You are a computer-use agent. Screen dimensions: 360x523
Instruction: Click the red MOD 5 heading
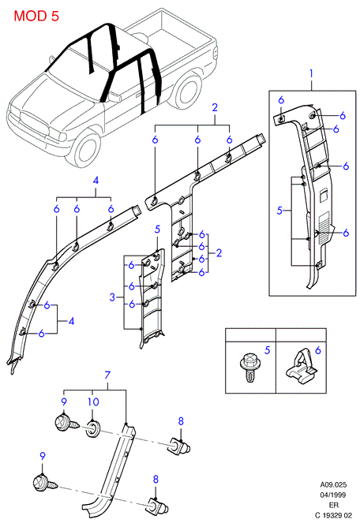pos(36,16)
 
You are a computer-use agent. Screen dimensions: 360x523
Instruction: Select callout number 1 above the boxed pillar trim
pos(311,73)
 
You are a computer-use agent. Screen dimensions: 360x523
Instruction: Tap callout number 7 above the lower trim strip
pos(107,375)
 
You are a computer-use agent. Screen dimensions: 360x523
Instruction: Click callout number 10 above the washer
pos(93,402)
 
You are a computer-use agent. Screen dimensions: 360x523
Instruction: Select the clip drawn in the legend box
pos(300,365)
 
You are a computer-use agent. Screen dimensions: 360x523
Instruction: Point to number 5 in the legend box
pos(267,350)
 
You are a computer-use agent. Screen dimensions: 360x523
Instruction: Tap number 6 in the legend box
pos(318,350)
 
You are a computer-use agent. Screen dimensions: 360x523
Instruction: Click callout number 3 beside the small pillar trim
pos(112,297)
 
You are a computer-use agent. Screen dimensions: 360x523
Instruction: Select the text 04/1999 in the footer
pos(333,495)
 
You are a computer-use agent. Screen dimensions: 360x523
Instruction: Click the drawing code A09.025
pos(333,484)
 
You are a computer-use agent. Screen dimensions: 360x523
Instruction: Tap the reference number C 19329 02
pos(333,516)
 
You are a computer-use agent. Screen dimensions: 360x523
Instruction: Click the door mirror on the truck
pos(114,97)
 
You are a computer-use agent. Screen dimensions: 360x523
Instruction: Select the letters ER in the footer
pos(333,506)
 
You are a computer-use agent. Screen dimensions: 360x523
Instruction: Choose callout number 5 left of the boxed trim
pos(279,211)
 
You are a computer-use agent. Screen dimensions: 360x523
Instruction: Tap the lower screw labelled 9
pos(45,483)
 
